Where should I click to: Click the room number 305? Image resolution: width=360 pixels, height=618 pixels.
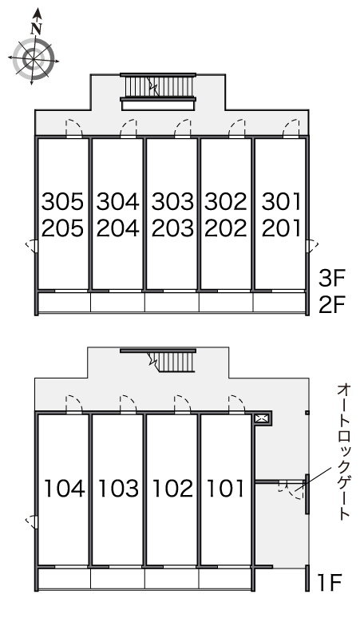[62, 201]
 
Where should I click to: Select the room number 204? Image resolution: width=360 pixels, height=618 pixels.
[118, 228]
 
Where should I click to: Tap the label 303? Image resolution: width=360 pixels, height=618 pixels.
[172, 201]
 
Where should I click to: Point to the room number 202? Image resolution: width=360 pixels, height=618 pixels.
[226, 228]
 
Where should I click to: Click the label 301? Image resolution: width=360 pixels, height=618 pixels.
[281, 201]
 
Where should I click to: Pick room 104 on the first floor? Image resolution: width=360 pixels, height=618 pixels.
[64, 489]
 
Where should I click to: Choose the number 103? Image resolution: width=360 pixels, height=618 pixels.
[118, 489]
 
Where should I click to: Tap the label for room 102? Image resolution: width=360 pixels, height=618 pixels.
[172, 489]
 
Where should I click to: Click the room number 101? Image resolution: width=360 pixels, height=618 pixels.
[226, 489]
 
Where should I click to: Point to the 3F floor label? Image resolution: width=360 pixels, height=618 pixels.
[331, 278]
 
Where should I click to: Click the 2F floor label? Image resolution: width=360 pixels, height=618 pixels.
[331, 305]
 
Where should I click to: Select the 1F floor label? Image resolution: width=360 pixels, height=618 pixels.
[330, 582]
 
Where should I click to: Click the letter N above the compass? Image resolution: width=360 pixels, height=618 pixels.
[37, 29]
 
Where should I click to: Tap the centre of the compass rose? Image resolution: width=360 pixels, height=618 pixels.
[34, 59]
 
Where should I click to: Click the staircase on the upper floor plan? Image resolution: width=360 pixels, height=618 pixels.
[158, 87]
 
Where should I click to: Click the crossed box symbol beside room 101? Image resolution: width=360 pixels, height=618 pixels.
[261, 418]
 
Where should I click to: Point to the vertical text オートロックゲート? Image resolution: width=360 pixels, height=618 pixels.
[343, 453]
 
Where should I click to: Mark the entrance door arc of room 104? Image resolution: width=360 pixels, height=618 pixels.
[74, 402]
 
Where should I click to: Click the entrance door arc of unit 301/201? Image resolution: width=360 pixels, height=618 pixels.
[291, 127]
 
